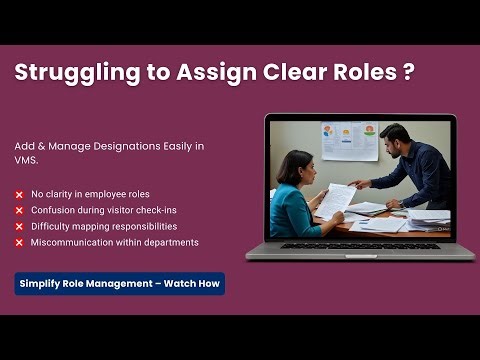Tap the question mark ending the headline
(x=408, y=73)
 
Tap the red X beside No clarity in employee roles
(x=19, y=194)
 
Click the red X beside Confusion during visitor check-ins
(x=19, y=210)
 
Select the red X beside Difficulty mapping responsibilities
(x=19, y=226)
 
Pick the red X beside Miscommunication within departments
(x=19, y=242)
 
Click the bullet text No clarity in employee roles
(x=89, y=194)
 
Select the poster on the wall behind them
(x=349, y=140)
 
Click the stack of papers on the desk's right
(x=429, y=217)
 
